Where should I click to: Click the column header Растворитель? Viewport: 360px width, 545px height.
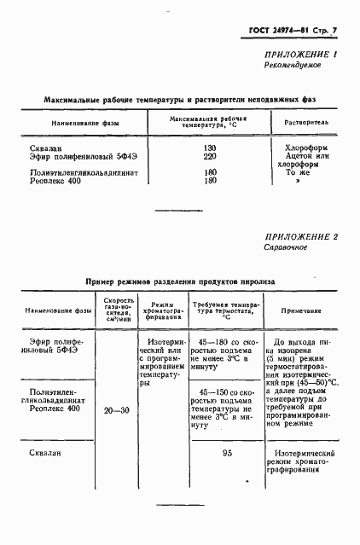tap(300, 124)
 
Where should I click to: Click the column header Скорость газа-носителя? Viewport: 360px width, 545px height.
tap(115, 311)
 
